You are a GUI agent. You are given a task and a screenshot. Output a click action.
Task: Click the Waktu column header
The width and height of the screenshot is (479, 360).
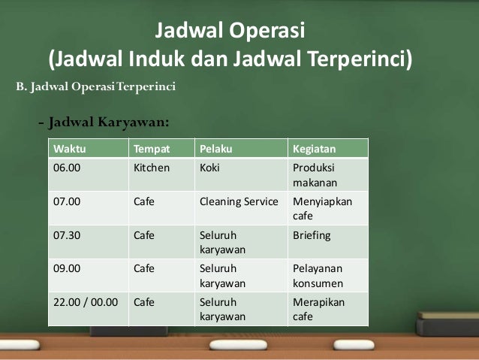pyautogui.click(x=68, y=148)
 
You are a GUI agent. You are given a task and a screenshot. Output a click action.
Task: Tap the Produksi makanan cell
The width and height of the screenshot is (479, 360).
pyautogui.click(x=315, y=175)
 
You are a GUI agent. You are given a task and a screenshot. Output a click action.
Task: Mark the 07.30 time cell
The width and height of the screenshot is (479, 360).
pyautogui.click(x=68, y=235)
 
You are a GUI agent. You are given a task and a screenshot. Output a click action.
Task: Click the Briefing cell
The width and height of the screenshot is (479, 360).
pyautogui.click(x=312, y=235)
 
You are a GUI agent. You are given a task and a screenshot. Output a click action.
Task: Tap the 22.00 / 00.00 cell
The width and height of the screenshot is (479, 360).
pyautogui.click(x=84, y=303)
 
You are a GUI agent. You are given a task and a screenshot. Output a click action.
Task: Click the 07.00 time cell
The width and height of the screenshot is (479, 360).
pyautogui.click(x=68, y=201)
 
